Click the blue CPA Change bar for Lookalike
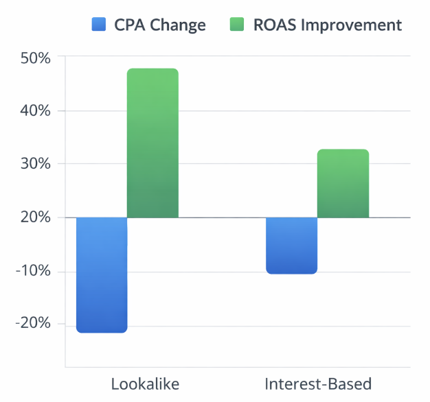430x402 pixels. click(x=102, y=274)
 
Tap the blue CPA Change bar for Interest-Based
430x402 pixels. click(x=292, y=245)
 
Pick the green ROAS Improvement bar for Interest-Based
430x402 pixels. click(x=343, y=183)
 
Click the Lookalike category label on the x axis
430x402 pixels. click(x=145, y=383)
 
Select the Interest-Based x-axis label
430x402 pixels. click(x=317, y=383)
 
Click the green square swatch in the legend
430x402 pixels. click(x=235, y=25)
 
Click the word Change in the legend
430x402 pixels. click(x=180, y=25)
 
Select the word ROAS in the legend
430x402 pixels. click(x=273, y=25)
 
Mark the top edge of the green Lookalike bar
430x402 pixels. click(x=152, y=69)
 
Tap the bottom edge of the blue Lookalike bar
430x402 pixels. click(x=102, y=332)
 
